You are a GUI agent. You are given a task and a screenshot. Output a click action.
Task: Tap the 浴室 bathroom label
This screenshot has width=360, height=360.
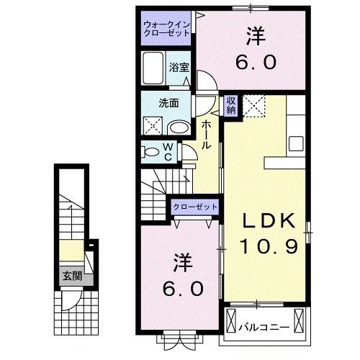tap(179, 67)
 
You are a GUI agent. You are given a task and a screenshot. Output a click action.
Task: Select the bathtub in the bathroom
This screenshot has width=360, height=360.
tap(153, 72)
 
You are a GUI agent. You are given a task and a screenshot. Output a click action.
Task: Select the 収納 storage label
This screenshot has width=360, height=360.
tap(230, 105)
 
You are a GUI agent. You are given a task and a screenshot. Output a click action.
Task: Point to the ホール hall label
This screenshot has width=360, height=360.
tap(206, 135)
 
